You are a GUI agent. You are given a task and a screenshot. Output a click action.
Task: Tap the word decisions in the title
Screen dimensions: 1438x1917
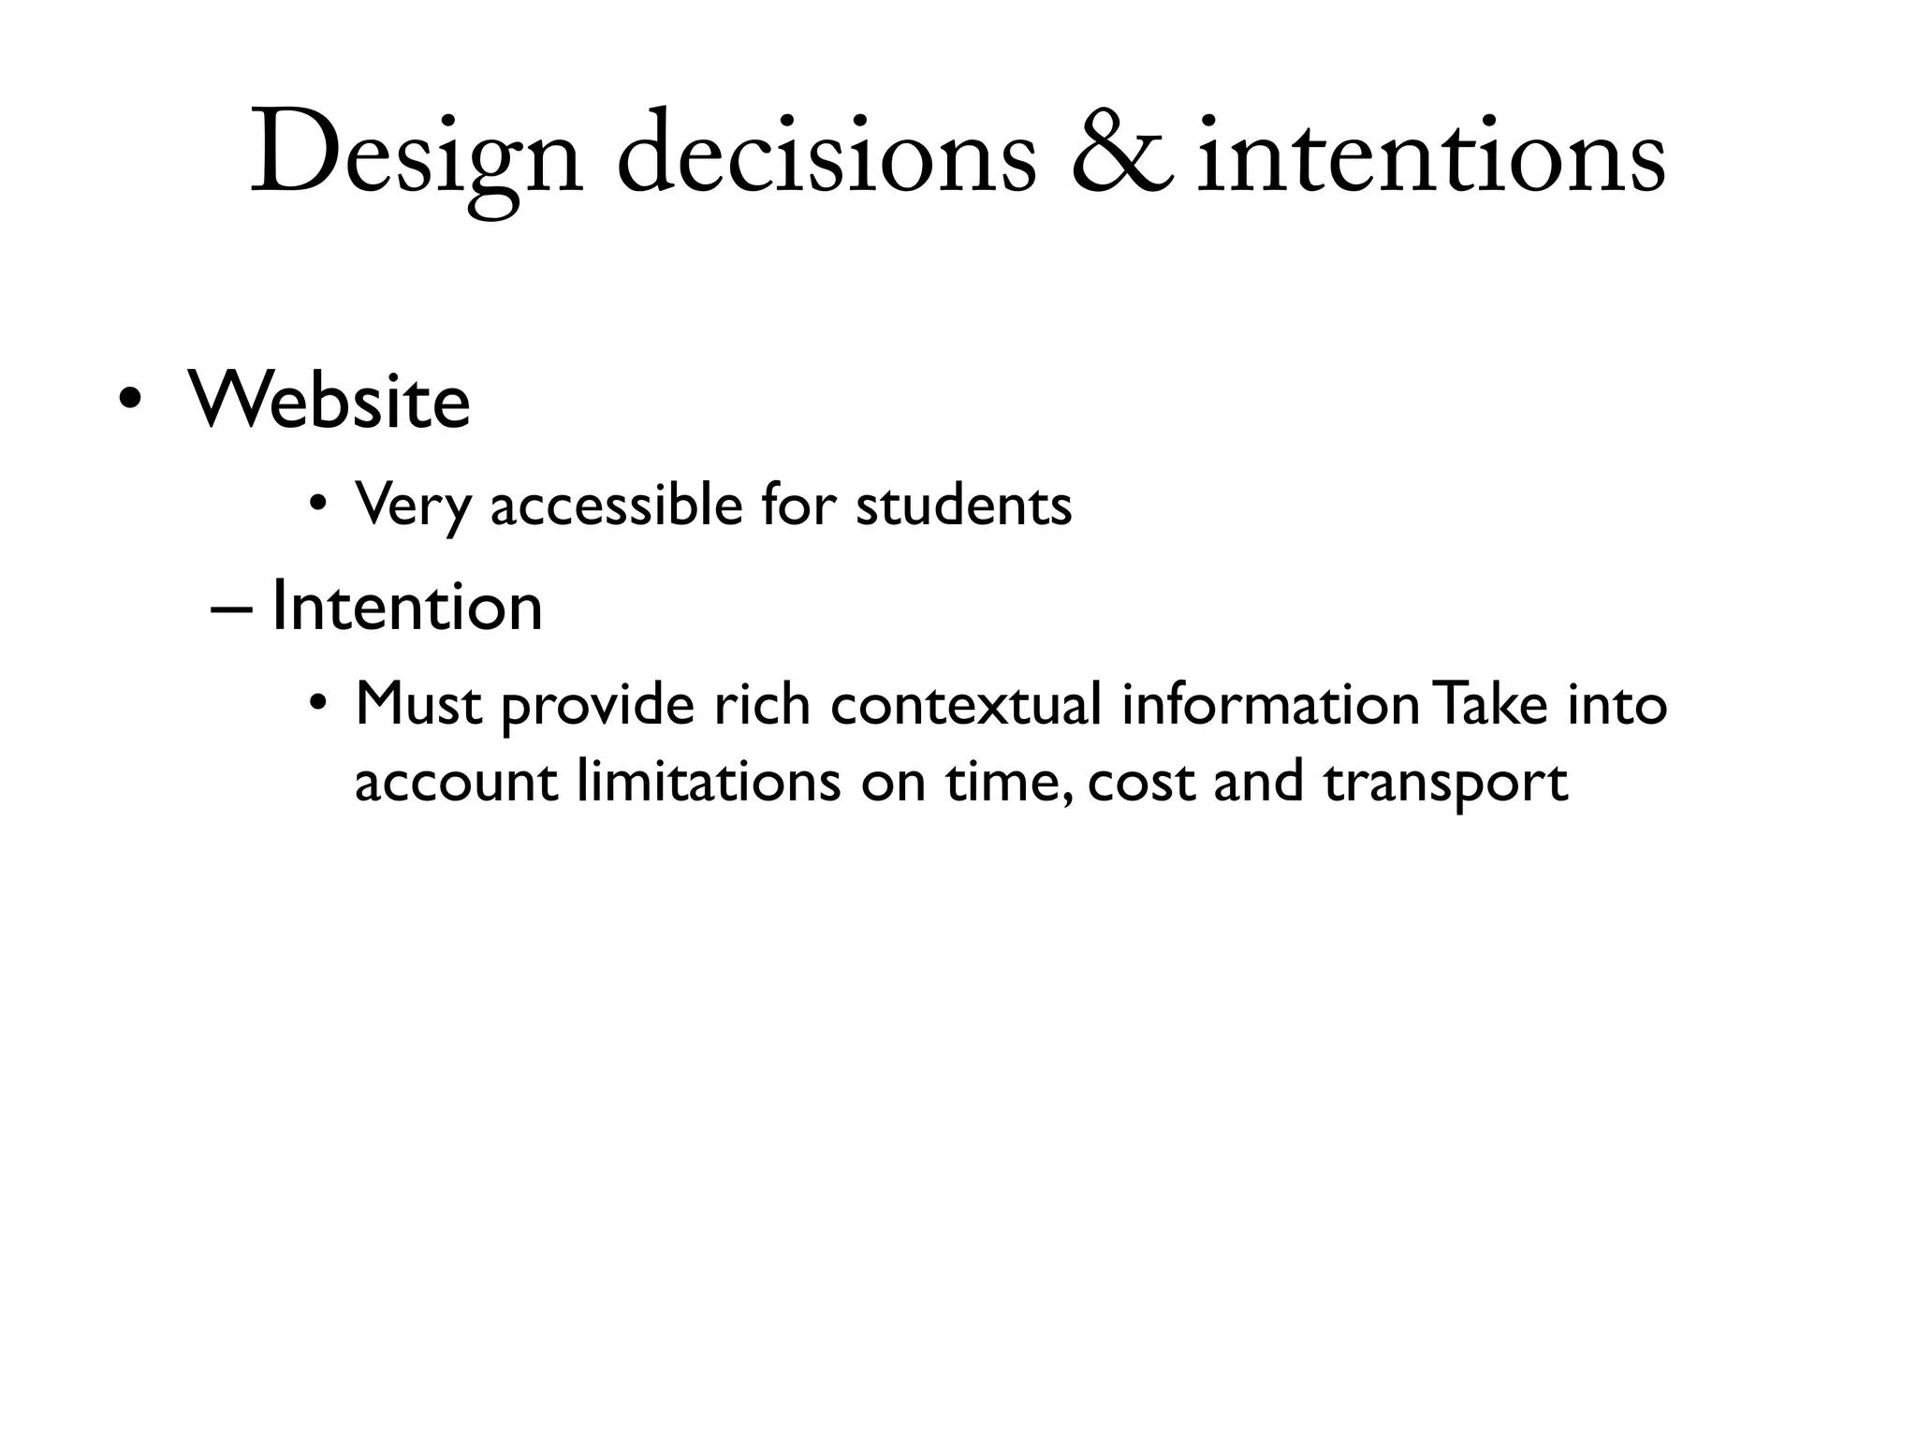(x=827, y=154)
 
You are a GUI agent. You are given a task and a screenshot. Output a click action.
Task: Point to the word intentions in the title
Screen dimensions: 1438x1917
(x=1431, y=154)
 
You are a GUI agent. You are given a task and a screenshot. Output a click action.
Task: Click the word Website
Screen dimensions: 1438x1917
(x=329, y=401)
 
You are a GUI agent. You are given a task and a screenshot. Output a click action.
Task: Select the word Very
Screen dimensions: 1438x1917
(x=413, y=506)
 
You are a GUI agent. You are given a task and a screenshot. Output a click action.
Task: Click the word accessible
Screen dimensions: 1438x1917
(x=616, y=505)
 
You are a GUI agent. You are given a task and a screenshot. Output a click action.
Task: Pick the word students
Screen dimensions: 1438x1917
(x=963, y=505)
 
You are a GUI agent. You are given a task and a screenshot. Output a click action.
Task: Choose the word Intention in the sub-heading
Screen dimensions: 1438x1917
(x=406, y=607)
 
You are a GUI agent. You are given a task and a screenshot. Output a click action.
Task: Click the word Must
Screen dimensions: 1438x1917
(x=418, y=703)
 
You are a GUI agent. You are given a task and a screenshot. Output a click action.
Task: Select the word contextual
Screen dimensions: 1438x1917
(x=965, y=704)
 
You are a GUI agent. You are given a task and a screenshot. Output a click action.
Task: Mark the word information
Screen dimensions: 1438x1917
(x=1270, y=704)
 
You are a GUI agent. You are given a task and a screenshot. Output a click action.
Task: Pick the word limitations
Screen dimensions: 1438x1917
(x=709, y=781)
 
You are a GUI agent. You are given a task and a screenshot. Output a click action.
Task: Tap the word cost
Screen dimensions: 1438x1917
(x=1141, y=783)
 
